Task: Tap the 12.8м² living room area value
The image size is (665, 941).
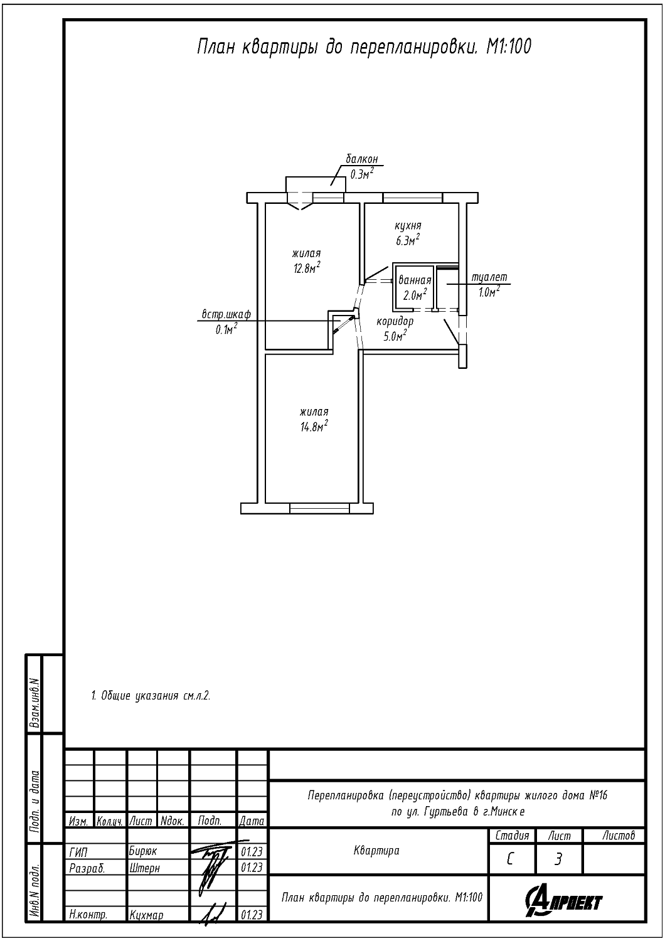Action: pyautogui.click(x=307, y=268)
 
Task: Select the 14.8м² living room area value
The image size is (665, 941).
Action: pyautogui.click(x=314, y=427)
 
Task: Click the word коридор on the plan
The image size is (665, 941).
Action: pyautogui.click(x=395, y=322)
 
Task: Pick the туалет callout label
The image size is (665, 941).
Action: pyautogui.click(x=489, y=278)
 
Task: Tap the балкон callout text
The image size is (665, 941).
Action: pyautogui.click(x=362, y=159)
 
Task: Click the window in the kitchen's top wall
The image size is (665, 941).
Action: pyautogui.click(x=413, y=198)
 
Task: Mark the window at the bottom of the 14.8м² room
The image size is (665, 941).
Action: pyautogui.click(x=319, y=508)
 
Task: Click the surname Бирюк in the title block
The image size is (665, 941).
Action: pyautogui.click(x=143, y=851)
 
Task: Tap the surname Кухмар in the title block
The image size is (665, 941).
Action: pyautogui.click(x=146, y=915)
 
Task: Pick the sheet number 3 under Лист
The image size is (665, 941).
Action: pyautogui.click(x=558, y=860)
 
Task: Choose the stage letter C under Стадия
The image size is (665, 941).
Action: pyautogui.click(x=510, y=860)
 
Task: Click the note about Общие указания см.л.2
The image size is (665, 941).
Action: pyautogui.click(x=151, y=696)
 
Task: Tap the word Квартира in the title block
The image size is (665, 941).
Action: pyautogui.click(x=376, y=851)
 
